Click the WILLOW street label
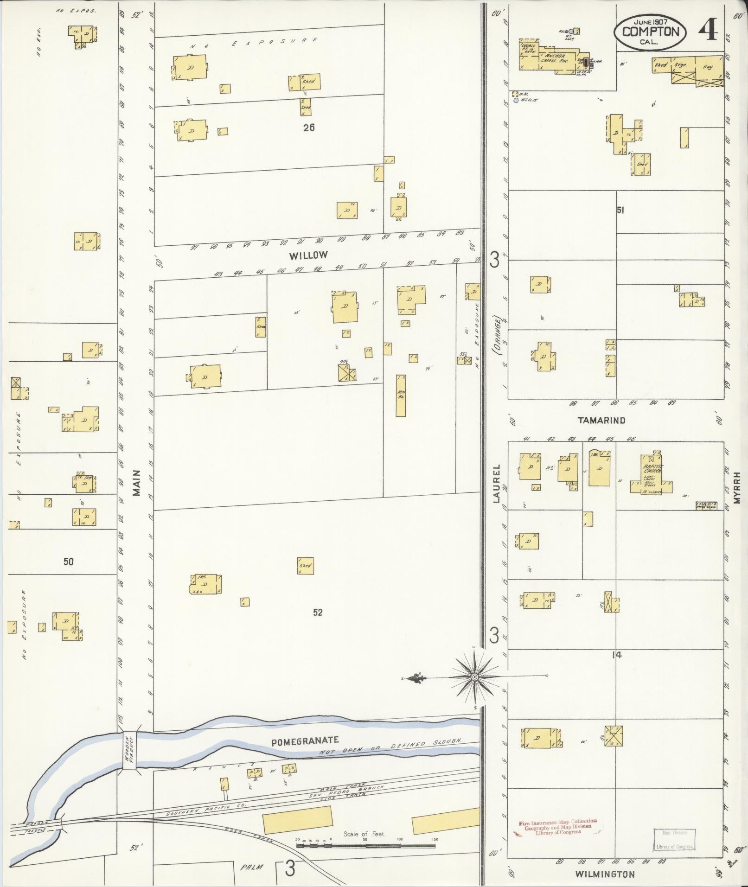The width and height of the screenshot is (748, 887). point(308,255)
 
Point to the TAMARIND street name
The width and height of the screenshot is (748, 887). point(601,421)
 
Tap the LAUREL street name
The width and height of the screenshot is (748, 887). point(496,484)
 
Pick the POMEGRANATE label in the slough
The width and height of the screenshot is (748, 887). point(306,740)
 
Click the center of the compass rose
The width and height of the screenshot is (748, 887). point(474,677)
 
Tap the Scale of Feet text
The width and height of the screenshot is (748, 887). point(364,834)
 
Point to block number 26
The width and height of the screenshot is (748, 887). point(309,127)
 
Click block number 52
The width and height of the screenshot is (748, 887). point(318,612)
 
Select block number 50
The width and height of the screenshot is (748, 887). point(68,562)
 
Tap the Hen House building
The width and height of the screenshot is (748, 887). point(401,395)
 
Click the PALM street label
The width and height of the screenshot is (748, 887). point(252,867)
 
